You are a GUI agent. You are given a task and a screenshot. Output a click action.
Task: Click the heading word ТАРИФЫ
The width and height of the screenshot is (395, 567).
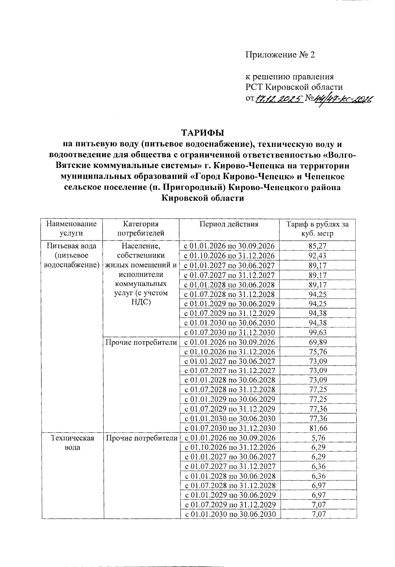point(203,133)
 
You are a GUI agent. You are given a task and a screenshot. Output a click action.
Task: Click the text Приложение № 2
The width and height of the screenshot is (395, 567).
point(280,55)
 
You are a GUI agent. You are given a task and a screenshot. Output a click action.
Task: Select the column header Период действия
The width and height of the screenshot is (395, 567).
point(229,225)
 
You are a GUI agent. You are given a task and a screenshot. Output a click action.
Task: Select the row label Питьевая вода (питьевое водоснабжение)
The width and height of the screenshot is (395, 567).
point(71,255)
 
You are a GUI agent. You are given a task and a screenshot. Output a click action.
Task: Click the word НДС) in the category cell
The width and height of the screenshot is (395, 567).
point(141,302)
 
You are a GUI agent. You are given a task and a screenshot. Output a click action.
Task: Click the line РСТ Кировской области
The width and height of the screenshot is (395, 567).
point(294,87)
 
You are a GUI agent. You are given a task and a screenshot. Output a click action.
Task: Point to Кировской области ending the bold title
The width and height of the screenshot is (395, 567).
point(203,198)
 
